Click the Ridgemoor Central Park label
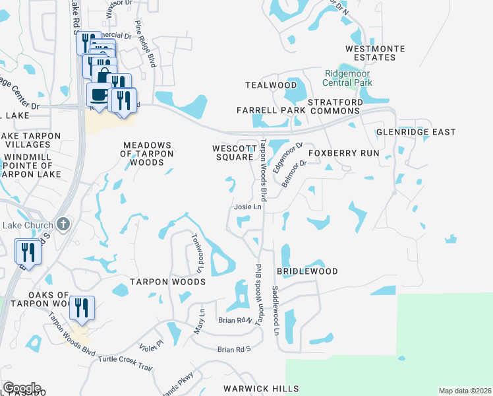pyautogui.click(x=347, y=78)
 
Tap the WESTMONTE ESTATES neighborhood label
pyautogui.click(x=375, y=53)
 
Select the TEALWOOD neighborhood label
pyautogui.click(x=271, y=85)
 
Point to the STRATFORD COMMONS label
pyautogui.click(x=335, y=108)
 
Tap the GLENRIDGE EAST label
pyautogui.click(x=416, y=132)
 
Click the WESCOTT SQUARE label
pyautogui.click(x=233, y=152)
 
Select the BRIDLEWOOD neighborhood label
pyautogui.click(x=307, y=271)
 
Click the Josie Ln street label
pyautogui.click(x=248, y=207)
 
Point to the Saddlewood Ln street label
pyautogui.click(x=275, y=310)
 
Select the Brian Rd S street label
pyautogui.click(x=235, y=349)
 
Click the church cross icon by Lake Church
pyautogui.click(x=63, y=224)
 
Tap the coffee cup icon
pyautogui.click(x=99, y=94)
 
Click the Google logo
pyautogui.click(x=22, y=388)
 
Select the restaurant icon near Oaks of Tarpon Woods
pyautogui.click(x=82, y=307)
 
